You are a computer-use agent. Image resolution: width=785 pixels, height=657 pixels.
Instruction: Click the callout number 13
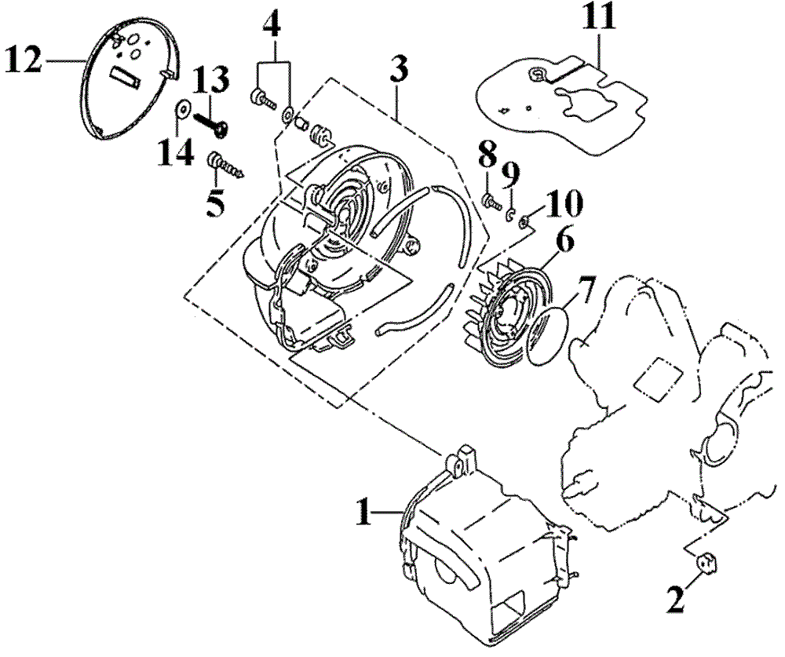211,81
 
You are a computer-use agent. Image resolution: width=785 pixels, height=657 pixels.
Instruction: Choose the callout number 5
215,203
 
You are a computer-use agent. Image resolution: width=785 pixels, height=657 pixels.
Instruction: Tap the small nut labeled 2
706,563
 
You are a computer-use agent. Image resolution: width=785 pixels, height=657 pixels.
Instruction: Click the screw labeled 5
223,166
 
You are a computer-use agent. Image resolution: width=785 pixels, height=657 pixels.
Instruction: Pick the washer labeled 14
183,107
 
